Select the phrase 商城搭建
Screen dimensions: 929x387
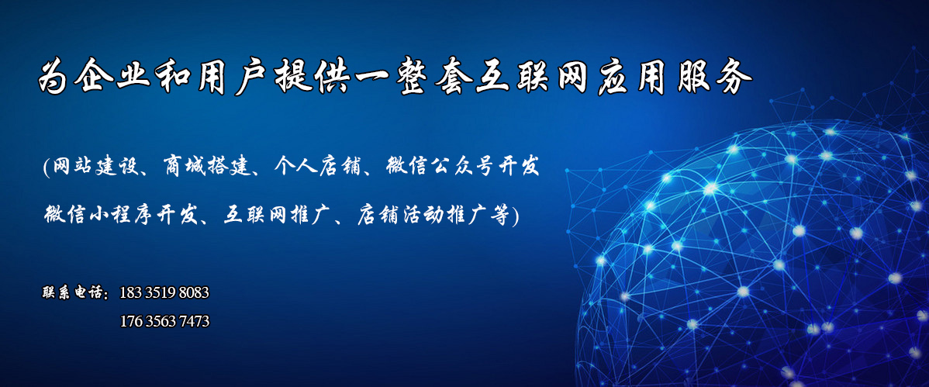point(199,167)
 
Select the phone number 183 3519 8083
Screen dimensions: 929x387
point(164,292)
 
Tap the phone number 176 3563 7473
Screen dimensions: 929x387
point(164,321)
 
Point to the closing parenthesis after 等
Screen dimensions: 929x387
point(514,215)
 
